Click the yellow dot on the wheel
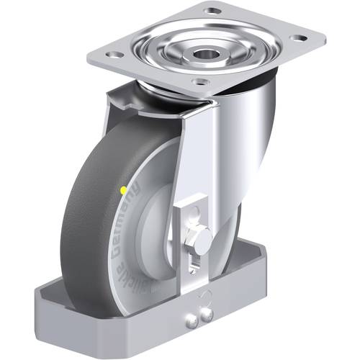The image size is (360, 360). (124, 189)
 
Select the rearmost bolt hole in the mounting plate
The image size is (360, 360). (212, 10)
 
